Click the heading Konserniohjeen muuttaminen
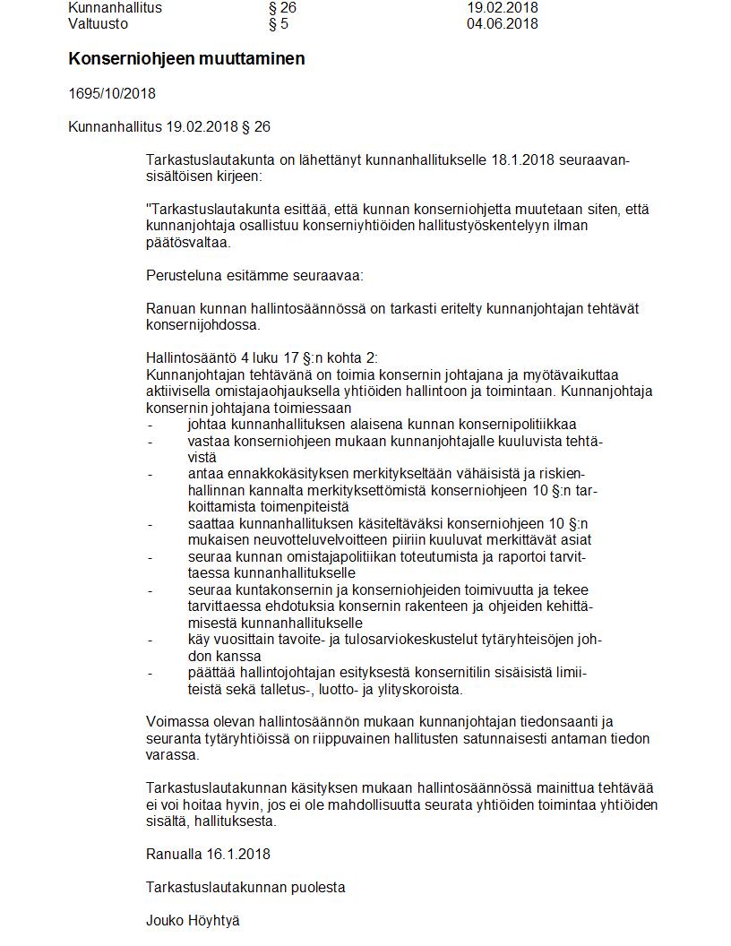(186, 59)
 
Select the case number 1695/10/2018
(112, 93)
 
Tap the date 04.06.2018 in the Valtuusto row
(502, 24)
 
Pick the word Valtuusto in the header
(98, 24)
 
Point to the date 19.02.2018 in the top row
(502, 8)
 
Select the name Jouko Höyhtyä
(193, 921)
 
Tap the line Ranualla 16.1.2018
(208, 854)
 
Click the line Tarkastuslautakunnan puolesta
(245, 888)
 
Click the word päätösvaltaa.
(188, 242)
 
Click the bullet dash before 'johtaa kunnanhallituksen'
(150, 425)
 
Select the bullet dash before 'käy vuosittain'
(150, 640)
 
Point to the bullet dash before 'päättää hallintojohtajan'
(150, 673)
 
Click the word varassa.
(172, 755)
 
